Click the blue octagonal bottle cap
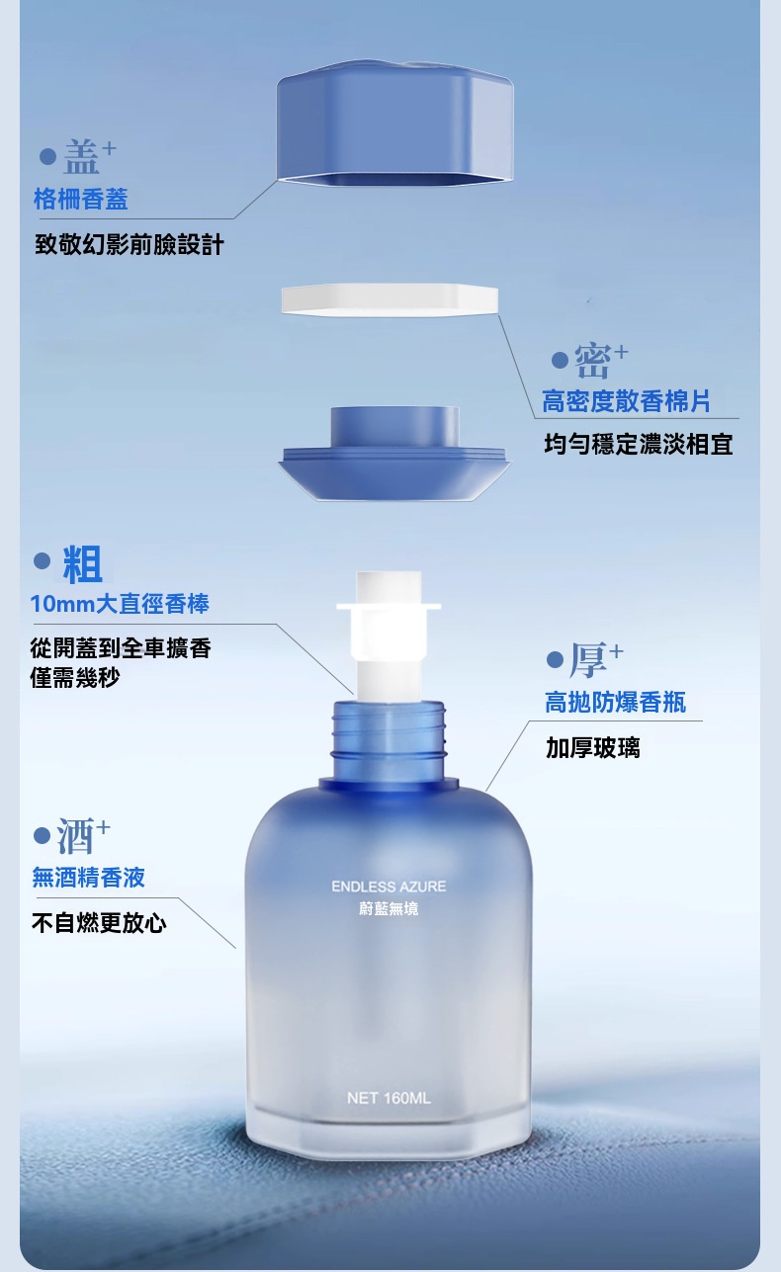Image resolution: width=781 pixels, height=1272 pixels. [x=395, y=124]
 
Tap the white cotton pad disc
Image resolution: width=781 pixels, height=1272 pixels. [x=390, y=299]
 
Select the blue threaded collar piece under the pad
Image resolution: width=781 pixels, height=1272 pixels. [x=394, y=453]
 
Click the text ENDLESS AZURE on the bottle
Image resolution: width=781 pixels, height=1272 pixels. [x=389, y=887]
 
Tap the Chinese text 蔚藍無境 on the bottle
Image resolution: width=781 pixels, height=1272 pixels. [x=389, y=909]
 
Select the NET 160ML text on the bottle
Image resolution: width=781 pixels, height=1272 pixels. [x=389, y=1098]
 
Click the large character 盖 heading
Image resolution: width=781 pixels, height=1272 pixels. [x=82, y=157]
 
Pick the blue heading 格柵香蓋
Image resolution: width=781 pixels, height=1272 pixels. [x=81, y=200]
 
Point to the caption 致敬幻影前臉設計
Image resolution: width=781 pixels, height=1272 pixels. [x=130, y=245]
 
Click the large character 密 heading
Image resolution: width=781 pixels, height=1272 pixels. [x=592, y=361]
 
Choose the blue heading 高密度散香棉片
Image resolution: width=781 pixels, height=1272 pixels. [x=626, y=401]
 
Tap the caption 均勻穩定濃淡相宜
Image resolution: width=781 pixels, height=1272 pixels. [x=639, y=444]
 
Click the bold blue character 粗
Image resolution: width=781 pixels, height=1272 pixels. [x=83, y=564]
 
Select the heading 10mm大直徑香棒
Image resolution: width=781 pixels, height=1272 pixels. [x=120, y=604]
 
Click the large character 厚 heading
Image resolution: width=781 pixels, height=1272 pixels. [x=588, y=660]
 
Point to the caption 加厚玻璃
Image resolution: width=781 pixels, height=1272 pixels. [x=593, y=748]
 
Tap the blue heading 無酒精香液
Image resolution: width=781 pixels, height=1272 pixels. [x=89, y=878]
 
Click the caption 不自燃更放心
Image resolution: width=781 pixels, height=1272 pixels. [x=100, y=923]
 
